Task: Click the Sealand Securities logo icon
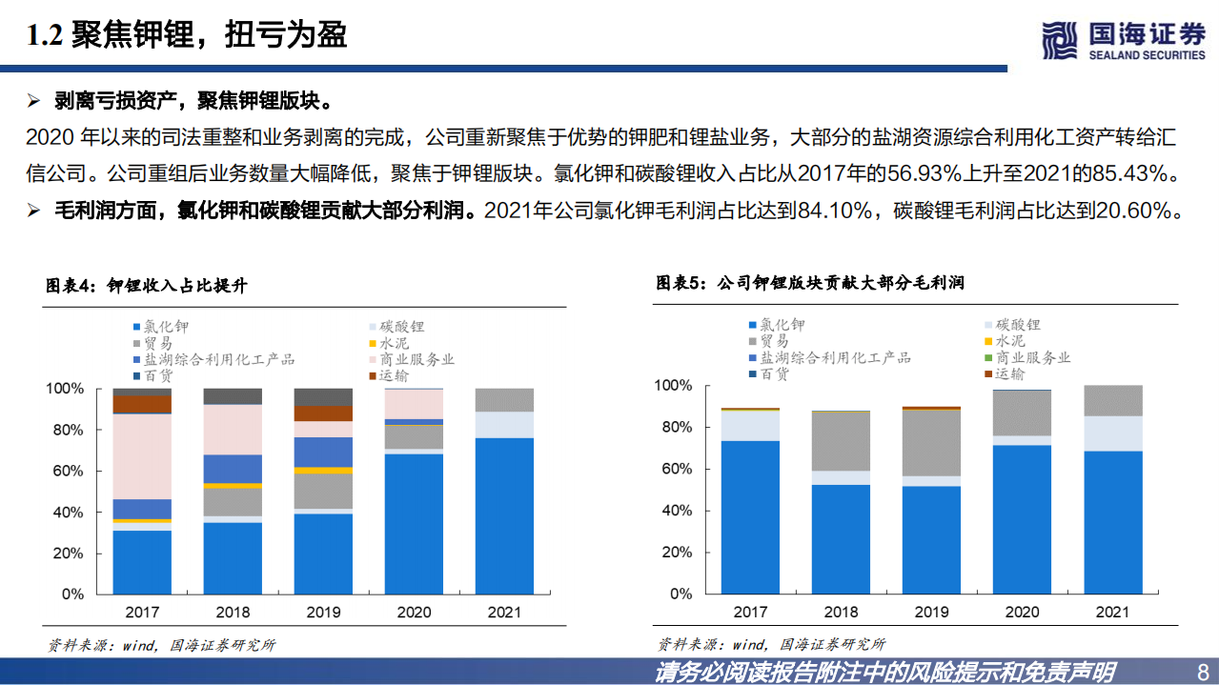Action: pos(1061,39)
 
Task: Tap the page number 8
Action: pos(1202,671)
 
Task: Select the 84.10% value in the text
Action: pos(832,211)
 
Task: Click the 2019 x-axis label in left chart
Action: pos(324,612)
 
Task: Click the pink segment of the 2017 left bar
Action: pos(142,456)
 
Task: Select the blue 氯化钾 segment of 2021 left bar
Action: pos(504,515)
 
